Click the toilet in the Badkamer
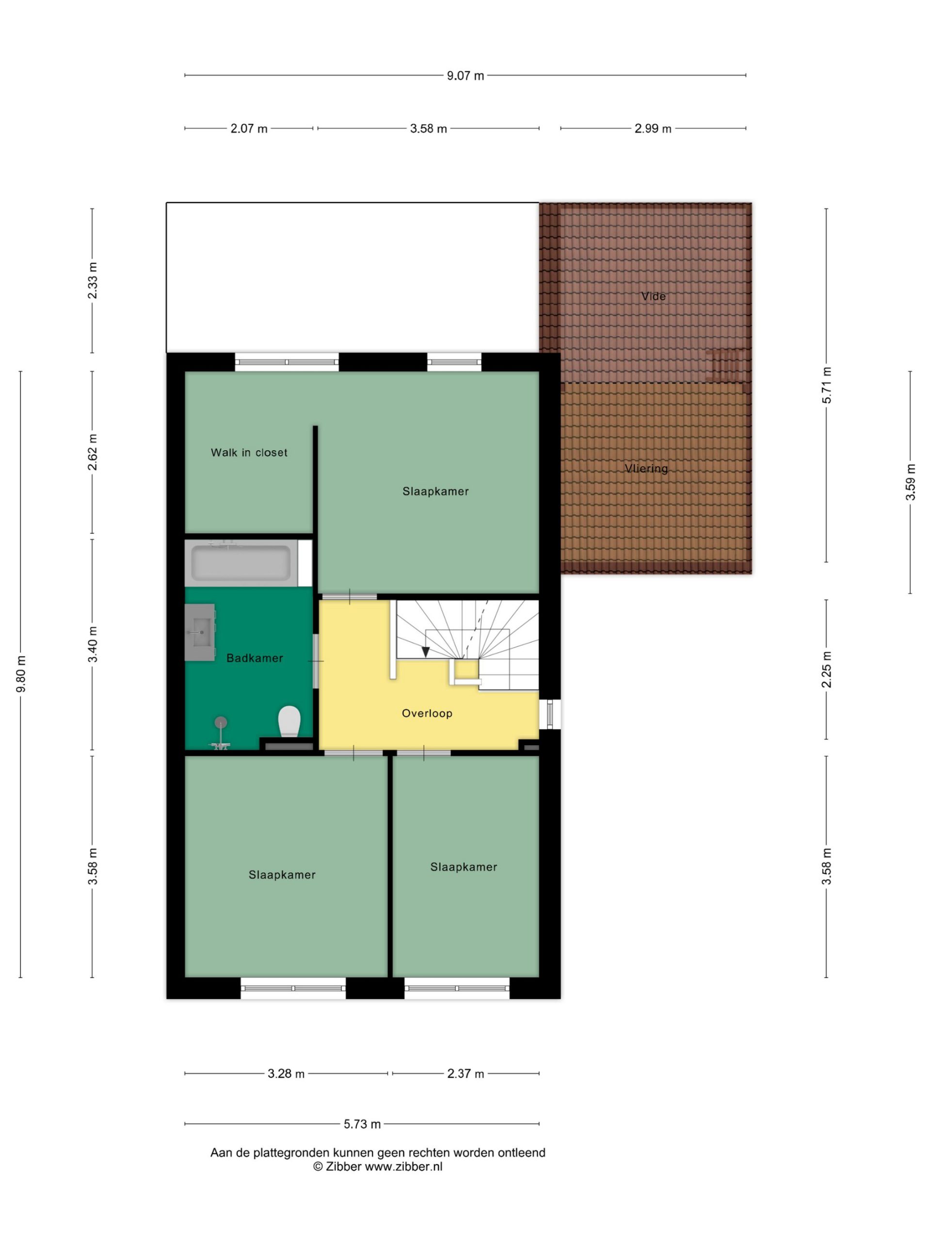click(x=289, y=721)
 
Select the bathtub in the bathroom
click(x=241, y=563)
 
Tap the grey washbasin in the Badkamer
click(x=200, y=632)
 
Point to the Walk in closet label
click(x=249, y=453)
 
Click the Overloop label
click(x=427, y=713)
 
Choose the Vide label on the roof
click(x=653, y=296)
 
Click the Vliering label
click(x=646, y=468)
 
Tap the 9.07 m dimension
click(x=465, y=76)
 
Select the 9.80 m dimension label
click(x=21, y=674)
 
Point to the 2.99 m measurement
click(x=653, y=129)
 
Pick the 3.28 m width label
click(x=286, y=1074)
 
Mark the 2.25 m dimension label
click(x=826, y=670)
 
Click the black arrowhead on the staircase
click(x=426, y=652)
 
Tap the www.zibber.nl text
click(x=403, y=1166)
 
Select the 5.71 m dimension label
click(x=826, y=385)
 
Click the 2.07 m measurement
click(x=249, y=129)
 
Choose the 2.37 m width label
click(x=465, y=1074)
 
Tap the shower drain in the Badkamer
click(x=221, y=722)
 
